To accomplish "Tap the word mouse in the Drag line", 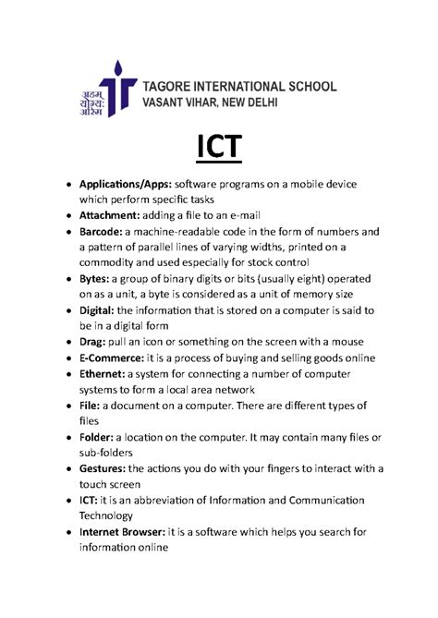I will pos(347,341).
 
